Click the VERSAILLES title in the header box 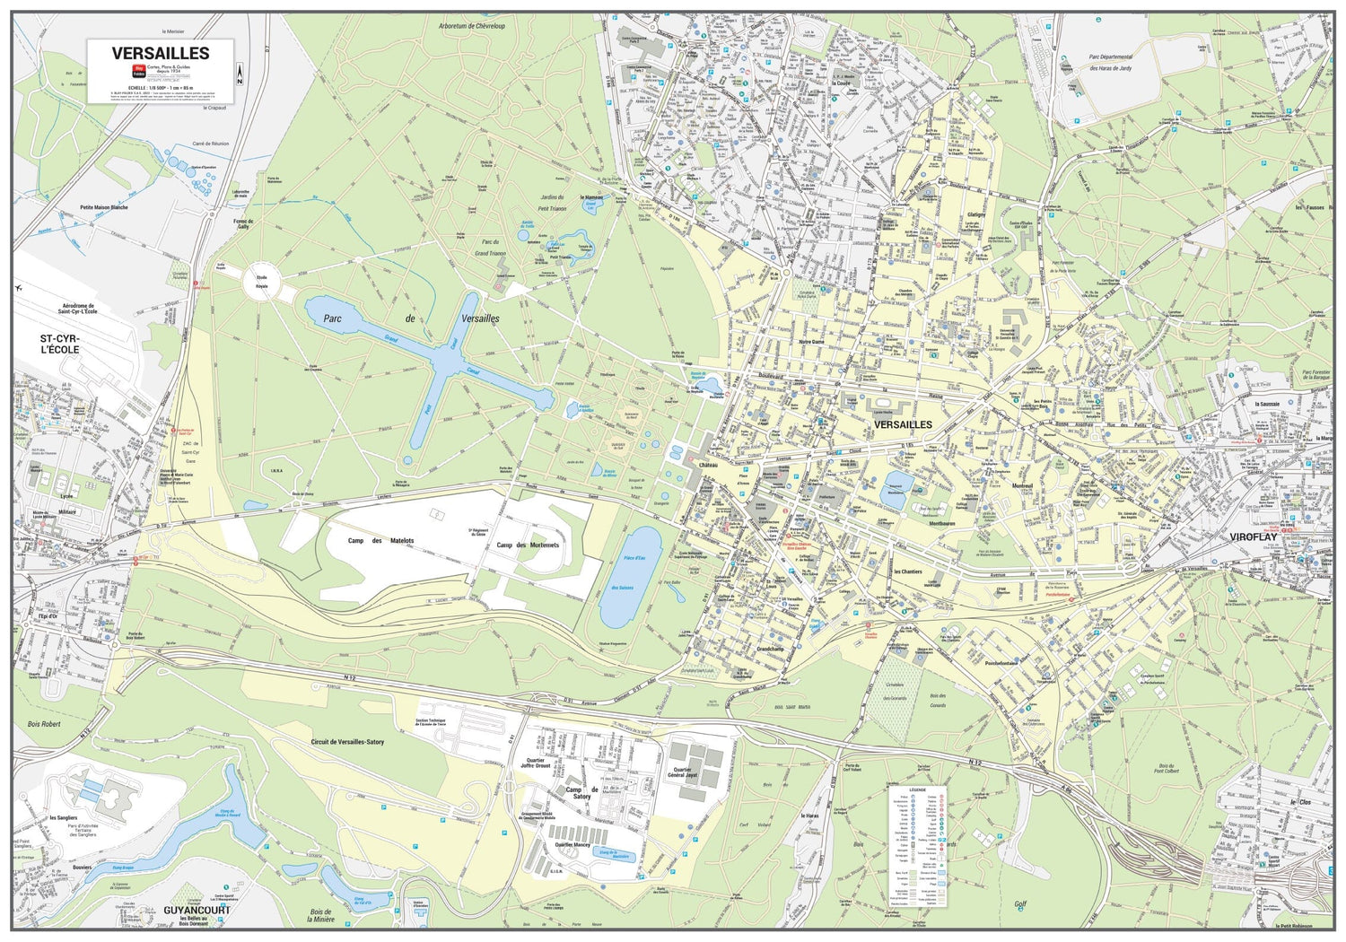tap(161, 53)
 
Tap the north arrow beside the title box tap(240, 74)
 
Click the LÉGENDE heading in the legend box tap(917, 790)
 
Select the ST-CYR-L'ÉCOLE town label tap(59, 344)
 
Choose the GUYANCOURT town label tap(197, 910)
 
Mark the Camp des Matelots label tap(381, 541)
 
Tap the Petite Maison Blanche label tap(104, 207)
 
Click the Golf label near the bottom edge tap(1019, 904)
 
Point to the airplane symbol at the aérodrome tap(18, 288)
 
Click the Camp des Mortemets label tap(528, 545)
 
